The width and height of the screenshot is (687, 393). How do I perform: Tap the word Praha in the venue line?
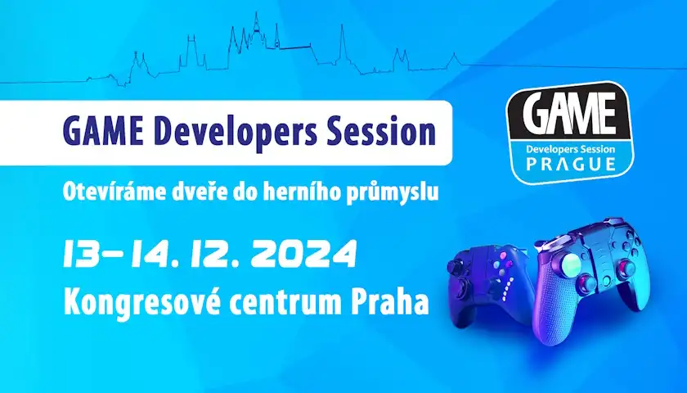click(x=389, y=301)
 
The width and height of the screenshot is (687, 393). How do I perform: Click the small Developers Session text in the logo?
click(x=572, y=151)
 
